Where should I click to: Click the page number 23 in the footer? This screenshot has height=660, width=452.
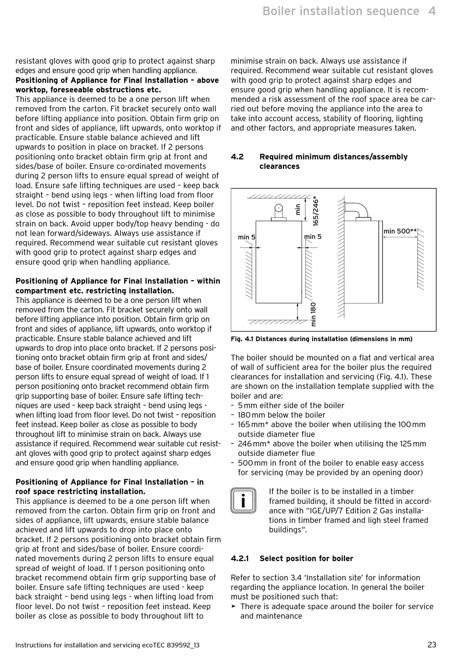point(432,645)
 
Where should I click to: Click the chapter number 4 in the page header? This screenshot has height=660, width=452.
point(432,11)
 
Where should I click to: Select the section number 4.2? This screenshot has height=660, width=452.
point(237,157)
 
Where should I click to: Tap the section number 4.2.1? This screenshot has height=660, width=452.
point(240,558)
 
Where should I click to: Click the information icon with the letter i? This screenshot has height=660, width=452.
point(243,501)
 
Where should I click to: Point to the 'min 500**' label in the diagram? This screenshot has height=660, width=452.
point(400,231)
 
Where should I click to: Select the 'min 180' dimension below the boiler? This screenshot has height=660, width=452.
point(313,315)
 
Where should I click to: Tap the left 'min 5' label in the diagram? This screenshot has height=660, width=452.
point(246,237)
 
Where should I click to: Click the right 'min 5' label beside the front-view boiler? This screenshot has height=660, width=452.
point(313,236)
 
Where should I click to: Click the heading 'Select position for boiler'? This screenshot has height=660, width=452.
point(306,558)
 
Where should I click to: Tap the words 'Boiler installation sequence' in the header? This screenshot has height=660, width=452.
point(341,11)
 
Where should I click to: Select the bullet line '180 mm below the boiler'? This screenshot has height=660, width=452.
point(281,415)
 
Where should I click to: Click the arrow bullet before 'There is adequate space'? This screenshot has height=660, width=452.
point(234,606)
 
